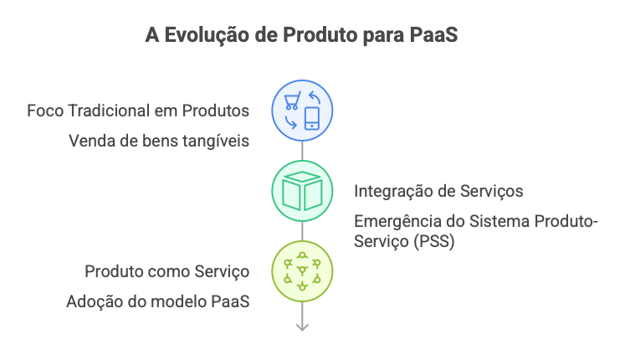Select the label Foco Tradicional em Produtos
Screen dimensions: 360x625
pos(138,111)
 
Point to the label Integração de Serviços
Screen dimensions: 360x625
pos(438,191)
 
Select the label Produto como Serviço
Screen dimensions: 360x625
pos(167,272)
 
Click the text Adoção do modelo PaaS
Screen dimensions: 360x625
pos(158,301)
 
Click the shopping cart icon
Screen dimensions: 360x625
pos(291,101)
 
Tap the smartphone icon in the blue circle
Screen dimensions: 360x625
pos(312,118)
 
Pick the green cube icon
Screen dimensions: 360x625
pos(302,191)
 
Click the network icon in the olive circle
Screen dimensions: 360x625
pos(302,272)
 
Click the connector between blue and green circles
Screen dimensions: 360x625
pos(302,150)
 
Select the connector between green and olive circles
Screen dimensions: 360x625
pos(302,231)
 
